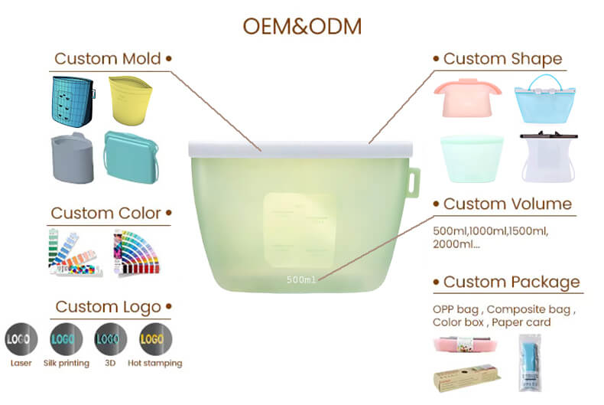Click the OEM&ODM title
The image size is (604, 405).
302,25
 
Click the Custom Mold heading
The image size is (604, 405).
108,59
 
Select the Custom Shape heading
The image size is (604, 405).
502,59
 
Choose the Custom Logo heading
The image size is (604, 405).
108,307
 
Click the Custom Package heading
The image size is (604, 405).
511,283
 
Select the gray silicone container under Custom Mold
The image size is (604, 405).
72,159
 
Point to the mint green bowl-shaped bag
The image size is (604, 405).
472,158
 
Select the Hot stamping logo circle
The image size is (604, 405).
155,338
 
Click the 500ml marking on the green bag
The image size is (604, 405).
301,279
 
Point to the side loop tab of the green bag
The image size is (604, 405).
414,182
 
